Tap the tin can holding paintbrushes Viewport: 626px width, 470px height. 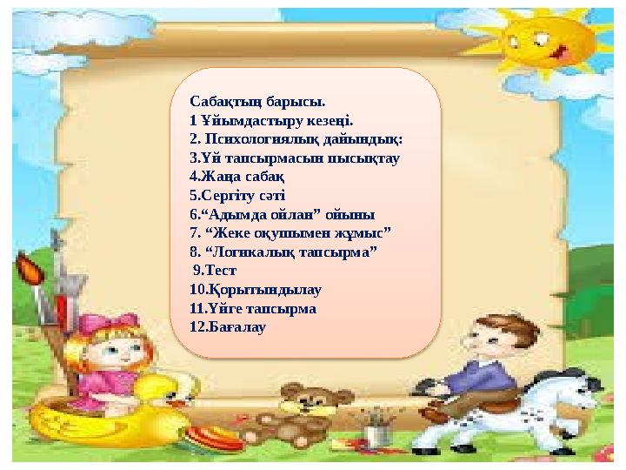[375, 433]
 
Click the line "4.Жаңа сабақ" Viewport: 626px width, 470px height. [224, 178]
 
